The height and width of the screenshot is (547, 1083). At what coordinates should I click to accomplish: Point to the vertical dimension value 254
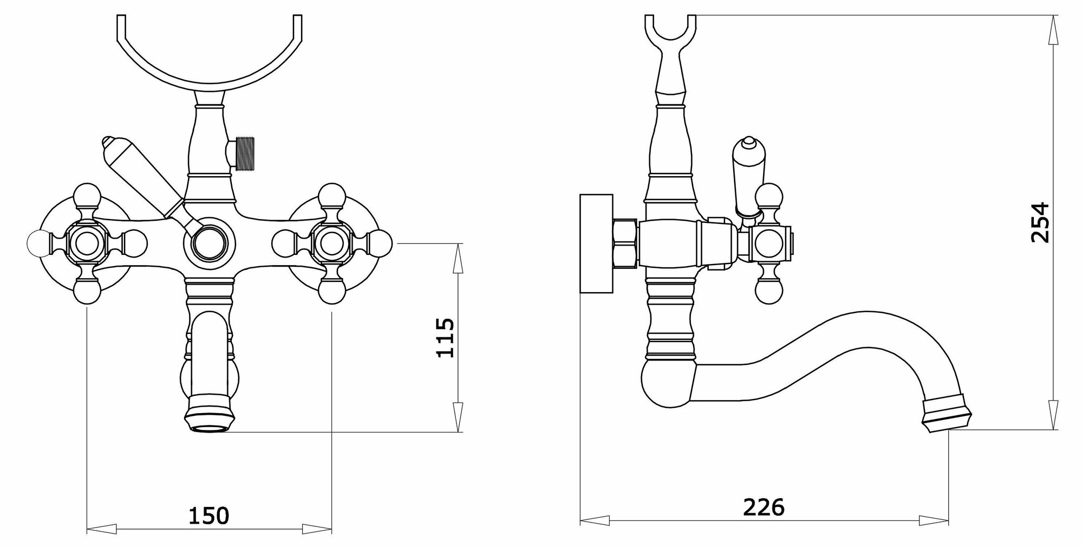tap(1040, 222)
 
